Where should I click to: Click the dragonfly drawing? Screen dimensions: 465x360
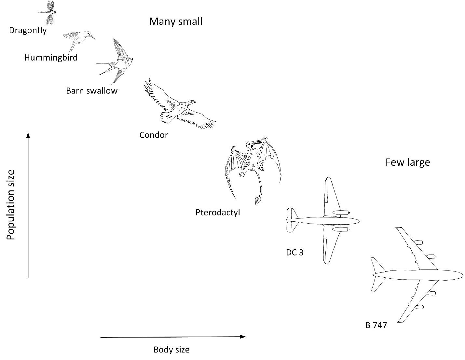click(48, 12)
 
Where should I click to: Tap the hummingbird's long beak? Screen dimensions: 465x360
click(92, 37)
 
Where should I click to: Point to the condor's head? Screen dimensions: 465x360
click(191, 103)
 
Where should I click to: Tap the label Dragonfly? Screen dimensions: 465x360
click(28, 31)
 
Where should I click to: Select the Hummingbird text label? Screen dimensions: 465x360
click(51, 58)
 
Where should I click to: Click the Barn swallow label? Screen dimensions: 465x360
click(91, 91)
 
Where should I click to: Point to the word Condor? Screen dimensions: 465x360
click(154, 135)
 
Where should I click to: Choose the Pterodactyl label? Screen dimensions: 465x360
click(218, 213)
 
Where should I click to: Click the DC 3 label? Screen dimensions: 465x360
click(295, 253)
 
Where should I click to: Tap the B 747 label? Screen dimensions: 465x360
click(376, 325)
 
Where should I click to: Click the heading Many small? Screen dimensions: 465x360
click(176, 21)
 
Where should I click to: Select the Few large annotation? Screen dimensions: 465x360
click(408, 162)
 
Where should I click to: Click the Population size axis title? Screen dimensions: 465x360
click(10, 205)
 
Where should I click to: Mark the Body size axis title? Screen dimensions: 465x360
click(171, 350)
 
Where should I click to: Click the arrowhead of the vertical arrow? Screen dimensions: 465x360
click(28, 135)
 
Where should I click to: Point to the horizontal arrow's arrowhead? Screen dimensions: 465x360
click(243, 337)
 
